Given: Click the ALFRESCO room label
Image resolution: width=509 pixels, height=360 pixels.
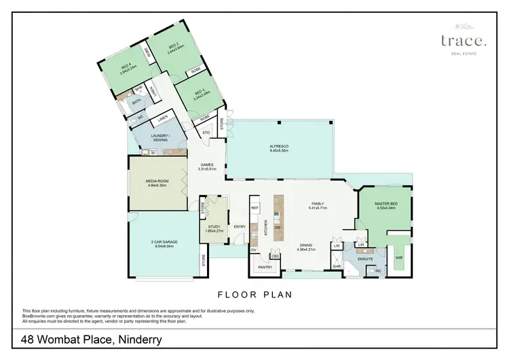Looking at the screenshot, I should [x=280, y=147].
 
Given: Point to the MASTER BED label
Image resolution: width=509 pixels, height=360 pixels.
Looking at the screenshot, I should [x=385, y=204].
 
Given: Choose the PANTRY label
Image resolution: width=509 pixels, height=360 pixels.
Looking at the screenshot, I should [x=265, y=267].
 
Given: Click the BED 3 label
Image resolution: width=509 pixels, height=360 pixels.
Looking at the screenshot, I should [x=200, y=92].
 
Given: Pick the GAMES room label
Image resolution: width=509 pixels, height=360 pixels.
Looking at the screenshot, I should [x=207, y=164].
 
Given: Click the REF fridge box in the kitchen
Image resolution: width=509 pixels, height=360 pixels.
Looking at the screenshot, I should [x=255, y=208].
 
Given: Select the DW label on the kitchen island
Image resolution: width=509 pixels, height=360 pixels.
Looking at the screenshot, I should [x=278, y=227].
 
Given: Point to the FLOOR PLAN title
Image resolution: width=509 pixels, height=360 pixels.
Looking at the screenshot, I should [x=254, y=295].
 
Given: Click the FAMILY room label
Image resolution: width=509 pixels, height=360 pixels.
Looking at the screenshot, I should [x=318, y=204].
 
